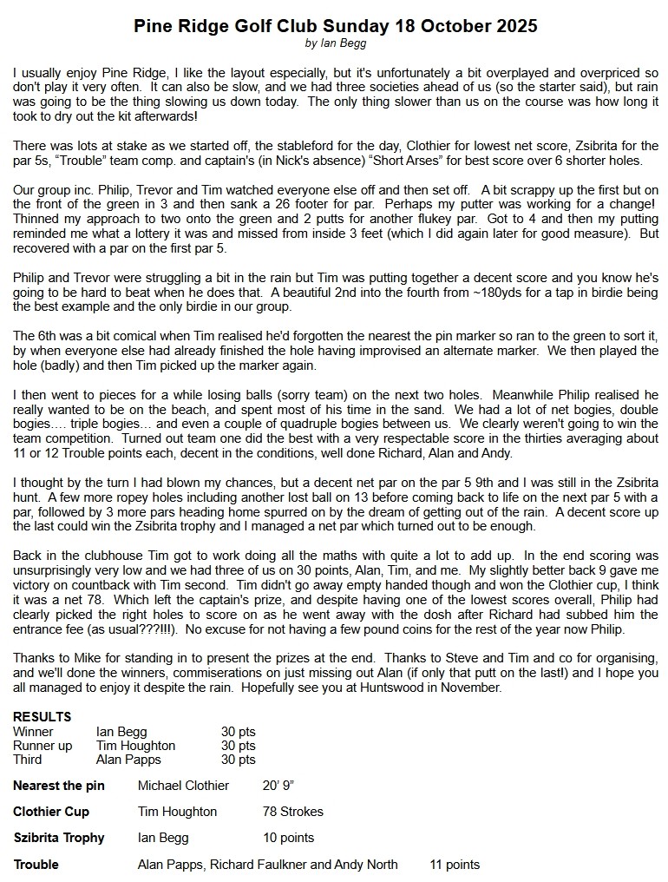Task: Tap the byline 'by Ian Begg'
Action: (335, 43)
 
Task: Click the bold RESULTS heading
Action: (42, 717)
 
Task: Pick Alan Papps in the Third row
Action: (128, 760)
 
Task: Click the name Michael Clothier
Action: (183, 786)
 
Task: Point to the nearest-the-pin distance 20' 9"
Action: (278, 786)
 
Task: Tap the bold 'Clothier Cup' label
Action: (51, 812)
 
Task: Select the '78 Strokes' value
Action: (293, 812)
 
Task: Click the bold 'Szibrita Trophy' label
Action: (59, 838)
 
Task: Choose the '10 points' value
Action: (289, 838)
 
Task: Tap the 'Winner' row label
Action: (33, 732)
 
